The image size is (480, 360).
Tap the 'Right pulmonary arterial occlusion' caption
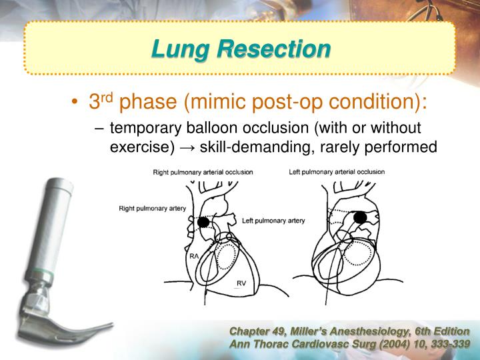click(x=203, y=172)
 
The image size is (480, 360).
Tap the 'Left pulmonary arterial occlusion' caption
click(x=337, y=172)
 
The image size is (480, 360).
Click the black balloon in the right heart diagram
click(x=360, y=217)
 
